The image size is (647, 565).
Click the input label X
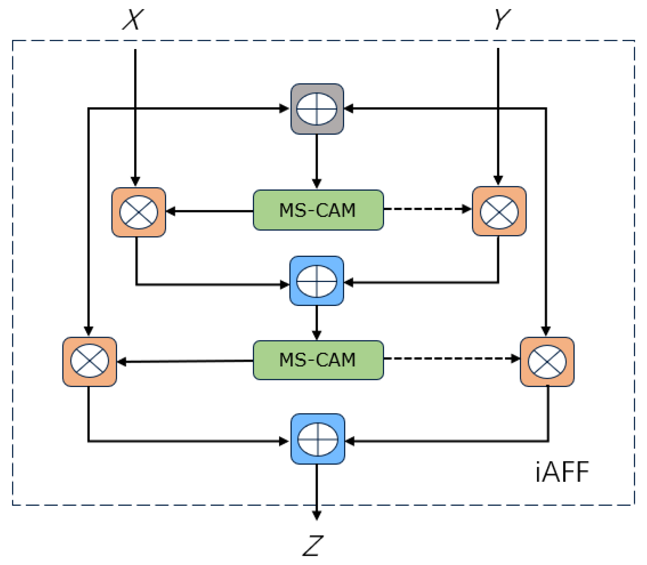click(133, 20)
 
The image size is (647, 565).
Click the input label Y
click(502, 19)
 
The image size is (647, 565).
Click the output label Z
click(312, 545)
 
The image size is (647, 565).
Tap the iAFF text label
click(562, 472)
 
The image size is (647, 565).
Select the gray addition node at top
click(317, 109)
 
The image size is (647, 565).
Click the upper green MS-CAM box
click(318, 210)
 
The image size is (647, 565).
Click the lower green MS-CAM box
click(318, 360)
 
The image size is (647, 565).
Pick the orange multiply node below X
click(139, 212)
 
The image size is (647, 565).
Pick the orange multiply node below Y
click(499, 211)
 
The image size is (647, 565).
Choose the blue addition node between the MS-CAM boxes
click(316, 281)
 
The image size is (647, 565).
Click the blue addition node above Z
click(317, 439)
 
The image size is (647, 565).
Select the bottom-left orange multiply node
click(89, 361)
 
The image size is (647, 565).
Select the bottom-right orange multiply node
click(547, 361)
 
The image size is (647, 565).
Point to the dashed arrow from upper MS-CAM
click(427, 209)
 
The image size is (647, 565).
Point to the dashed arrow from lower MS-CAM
click(451, 359)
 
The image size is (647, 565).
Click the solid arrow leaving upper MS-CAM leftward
click(209, 211)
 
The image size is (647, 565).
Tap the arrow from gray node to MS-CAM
click(316, 161)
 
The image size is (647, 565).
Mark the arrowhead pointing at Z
click(316, 516)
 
